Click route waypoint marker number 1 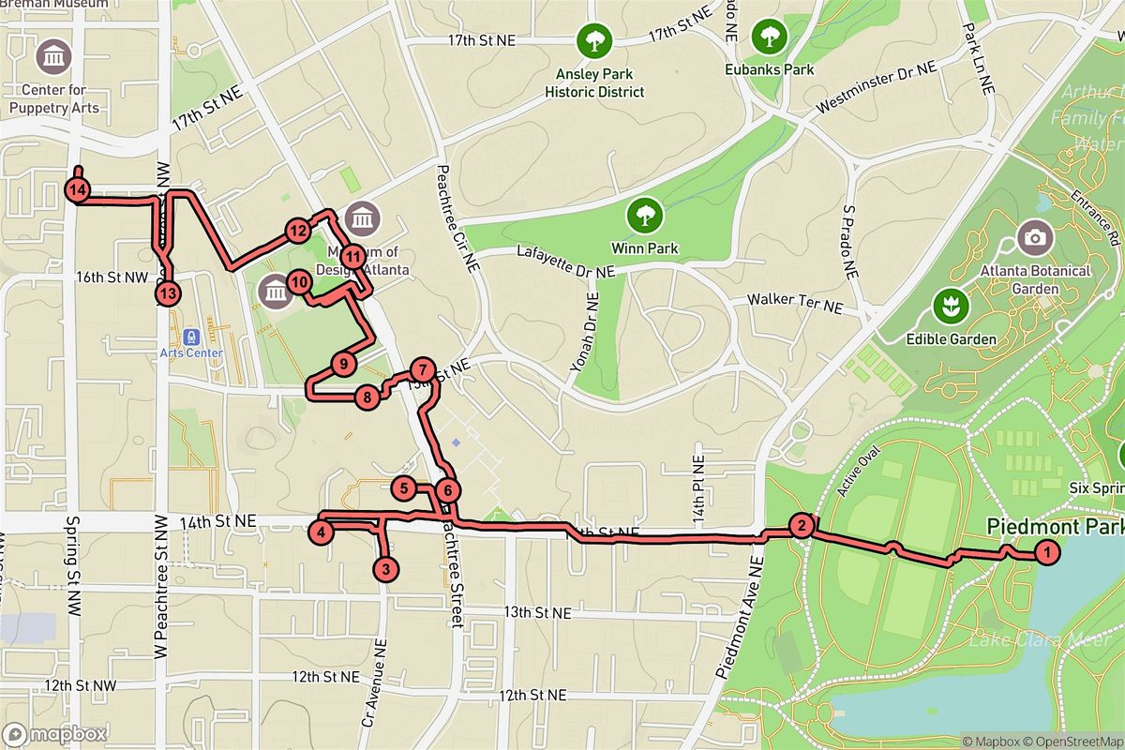coord(1045,553)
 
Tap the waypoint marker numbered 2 coord(801,525)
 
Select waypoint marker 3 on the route coord(384,568)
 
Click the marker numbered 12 coord(298,230)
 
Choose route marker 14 coord(78,190)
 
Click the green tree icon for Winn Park coord(645,216)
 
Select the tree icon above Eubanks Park coord(769,37)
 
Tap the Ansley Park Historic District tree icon coord(594,39)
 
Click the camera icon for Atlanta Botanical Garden coord(1035,237)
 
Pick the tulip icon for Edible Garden coord(949,304)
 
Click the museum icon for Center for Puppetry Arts coord(53,57)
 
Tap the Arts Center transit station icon coord(191,336)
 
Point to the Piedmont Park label coord(1055,527)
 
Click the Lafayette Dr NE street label coord(566,262)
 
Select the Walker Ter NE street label coord(794,304)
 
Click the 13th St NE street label coord(538,612)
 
